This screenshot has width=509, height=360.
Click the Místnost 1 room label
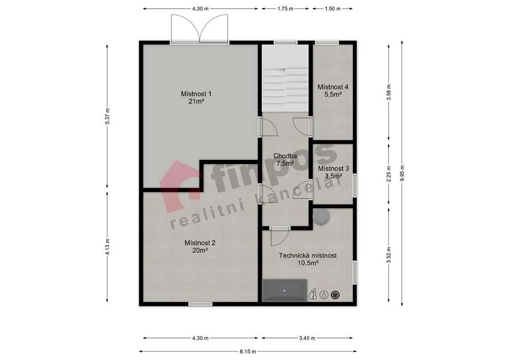[196, 94]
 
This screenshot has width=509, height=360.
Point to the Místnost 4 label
[333, 87]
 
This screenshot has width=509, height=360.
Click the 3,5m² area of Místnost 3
[333, 176]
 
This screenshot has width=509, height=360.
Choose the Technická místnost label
[308, 256]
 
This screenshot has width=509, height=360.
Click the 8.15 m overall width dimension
[248, 351]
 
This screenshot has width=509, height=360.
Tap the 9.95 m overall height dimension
[402, 174]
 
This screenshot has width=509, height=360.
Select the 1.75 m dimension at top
[286, 9]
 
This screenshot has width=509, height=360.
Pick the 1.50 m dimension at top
[333, 9]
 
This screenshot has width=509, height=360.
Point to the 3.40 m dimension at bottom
[307, 338]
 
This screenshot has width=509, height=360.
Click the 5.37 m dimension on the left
[107, 116]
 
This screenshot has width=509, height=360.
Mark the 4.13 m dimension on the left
[107, 247]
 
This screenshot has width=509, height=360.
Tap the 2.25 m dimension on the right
[389, 174]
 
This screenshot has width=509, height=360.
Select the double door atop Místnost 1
[200, 29]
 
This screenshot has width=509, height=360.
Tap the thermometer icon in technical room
[313, 295]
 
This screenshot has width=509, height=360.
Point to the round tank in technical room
[321, 216]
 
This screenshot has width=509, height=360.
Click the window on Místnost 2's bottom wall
[200, 304]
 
